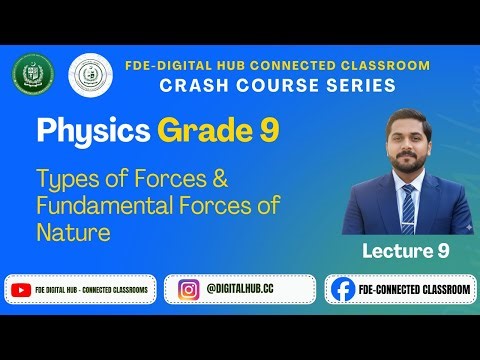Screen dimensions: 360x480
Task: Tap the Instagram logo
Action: click(186, 290)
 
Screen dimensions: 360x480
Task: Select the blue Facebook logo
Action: click(342, 290)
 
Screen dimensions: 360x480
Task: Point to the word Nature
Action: click(72, 232)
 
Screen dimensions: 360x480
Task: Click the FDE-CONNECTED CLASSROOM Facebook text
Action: click(413, 290)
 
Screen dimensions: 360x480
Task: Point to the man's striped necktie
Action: click(407, 206)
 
